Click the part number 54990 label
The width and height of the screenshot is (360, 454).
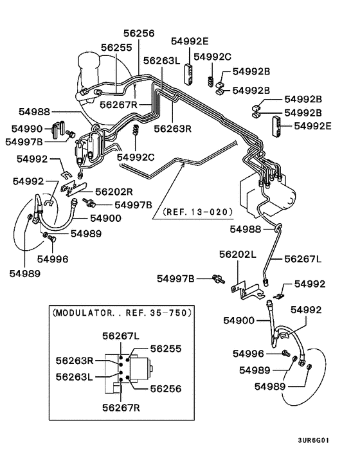(x=27, y=129)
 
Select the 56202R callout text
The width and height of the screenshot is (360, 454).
(x=114, y=192)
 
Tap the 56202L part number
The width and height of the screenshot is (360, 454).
(x=238, y=255)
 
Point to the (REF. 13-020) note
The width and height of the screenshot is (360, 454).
(x=197, y=212)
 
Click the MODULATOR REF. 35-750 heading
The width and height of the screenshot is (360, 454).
(x=122, y=313)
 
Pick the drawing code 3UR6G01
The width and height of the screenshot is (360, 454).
(x=314, y=440)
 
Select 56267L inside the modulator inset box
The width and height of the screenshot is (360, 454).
(x=121, y=336)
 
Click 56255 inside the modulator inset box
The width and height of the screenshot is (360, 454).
(x=166, y=349)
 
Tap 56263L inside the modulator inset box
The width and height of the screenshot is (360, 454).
(x=75, y=377)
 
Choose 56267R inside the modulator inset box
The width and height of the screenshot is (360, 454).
(x=121, y=408)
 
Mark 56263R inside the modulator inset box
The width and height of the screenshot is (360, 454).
(x=75, y=361)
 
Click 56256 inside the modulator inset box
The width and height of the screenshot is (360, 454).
(x=166, y=388)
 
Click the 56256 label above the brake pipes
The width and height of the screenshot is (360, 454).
(x=139, y=33)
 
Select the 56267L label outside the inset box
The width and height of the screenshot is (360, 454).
(x=303, y=259)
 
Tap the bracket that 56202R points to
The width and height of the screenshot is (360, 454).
(x=73, y=189)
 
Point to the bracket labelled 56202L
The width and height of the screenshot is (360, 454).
(x=247, y=291)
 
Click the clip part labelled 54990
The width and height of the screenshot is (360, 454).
(x=58, y=129)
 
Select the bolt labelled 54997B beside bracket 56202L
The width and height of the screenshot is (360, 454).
(x=218, y=279)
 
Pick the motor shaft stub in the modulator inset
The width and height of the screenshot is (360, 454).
(x=151, y=368)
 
